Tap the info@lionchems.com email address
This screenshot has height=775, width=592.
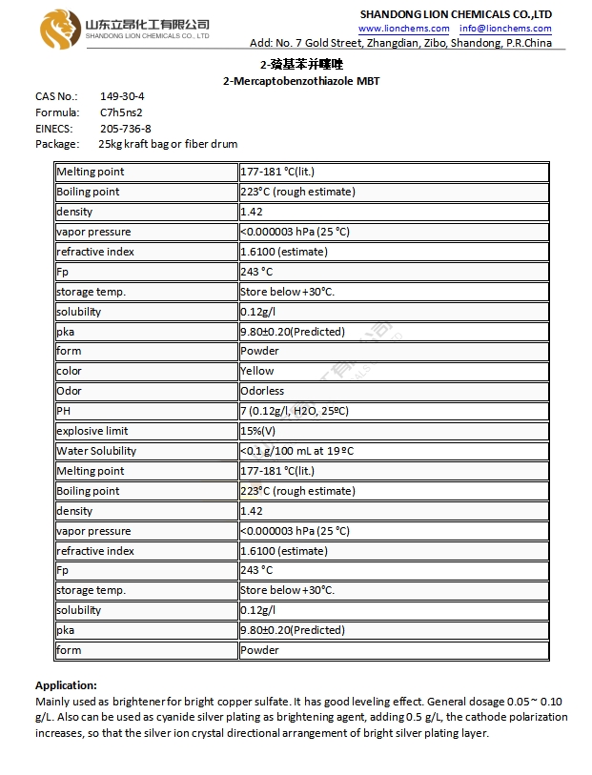point(505,29)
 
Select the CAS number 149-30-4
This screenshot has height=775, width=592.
point(122,96)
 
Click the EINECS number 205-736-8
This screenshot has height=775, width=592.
point(125,128)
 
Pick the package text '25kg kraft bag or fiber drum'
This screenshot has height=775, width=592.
point(168,144)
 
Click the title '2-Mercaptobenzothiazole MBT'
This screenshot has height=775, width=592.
point(300,81)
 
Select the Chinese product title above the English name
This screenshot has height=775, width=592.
point(300,64)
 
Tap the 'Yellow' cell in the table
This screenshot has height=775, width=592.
point(257,371)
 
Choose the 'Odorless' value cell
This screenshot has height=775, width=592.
point(262,391)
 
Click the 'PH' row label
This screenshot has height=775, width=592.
point(65,411)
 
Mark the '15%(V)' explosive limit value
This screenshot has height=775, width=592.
point(260,431)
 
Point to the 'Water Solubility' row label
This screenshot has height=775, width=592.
point(96,451)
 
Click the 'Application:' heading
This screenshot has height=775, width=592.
point(66,685)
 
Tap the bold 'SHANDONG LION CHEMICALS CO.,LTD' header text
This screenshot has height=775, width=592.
point(456,14)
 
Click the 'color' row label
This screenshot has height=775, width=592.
point(70,371)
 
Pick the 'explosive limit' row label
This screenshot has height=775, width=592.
point(92,431)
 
